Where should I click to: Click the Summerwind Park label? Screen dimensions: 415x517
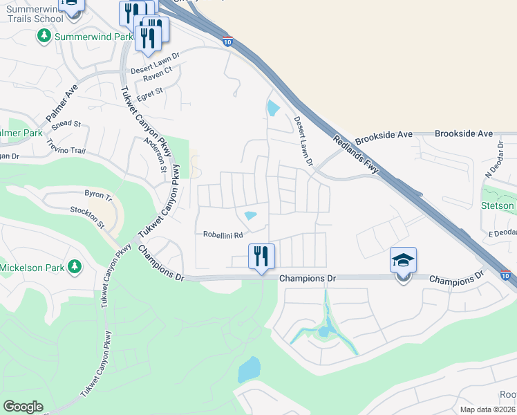pos(86,35)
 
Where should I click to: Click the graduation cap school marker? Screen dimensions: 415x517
pos(403,261)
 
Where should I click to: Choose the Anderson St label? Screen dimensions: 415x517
pos(155,154)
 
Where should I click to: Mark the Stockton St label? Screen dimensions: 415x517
pos(86,216)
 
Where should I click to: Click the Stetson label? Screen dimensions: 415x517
pos(498,205)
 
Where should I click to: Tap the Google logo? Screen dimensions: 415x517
pos(23,407)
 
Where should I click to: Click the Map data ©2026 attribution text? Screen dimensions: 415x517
pos(488,409)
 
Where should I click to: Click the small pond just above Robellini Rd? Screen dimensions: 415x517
pos(251,215)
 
